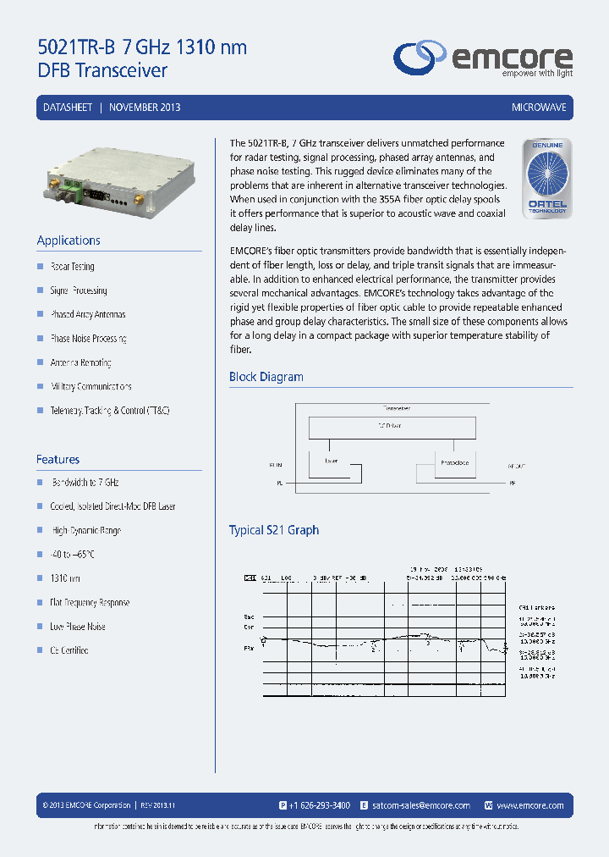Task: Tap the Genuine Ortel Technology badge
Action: pyautogui.click(x=547, y=180)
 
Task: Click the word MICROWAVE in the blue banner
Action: pyautogui.click(x=539, y=108)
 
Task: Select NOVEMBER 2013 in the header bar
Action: pyautogui.click(x=145, y=108)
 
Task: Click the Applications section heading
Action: pyautogui.click(x=69, y=241)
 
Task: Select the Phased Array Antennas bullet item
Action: pyautogui.click(x=88, y=314)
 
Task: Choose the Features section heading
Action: pyautogui.click(x=58, y=459)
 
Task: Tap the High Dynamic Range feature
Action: pyautogui.click(x=85, y=530)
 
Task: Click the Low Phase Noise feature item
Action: pyautogui.click(x=78, y=627)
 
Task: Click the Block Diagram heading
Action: pyautogui.click(x=266, y=377)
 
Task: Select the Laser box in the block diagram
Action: pyautogui.click(x=331, y=462)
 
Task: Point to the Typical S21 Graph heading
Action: pyautogui.click(x=274, y=530)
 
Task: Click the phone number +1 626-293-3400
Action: pyautogui.click(x=320, y=805)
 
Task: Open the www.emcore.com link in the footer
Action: pyautogui.click(x=530, y=805)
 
